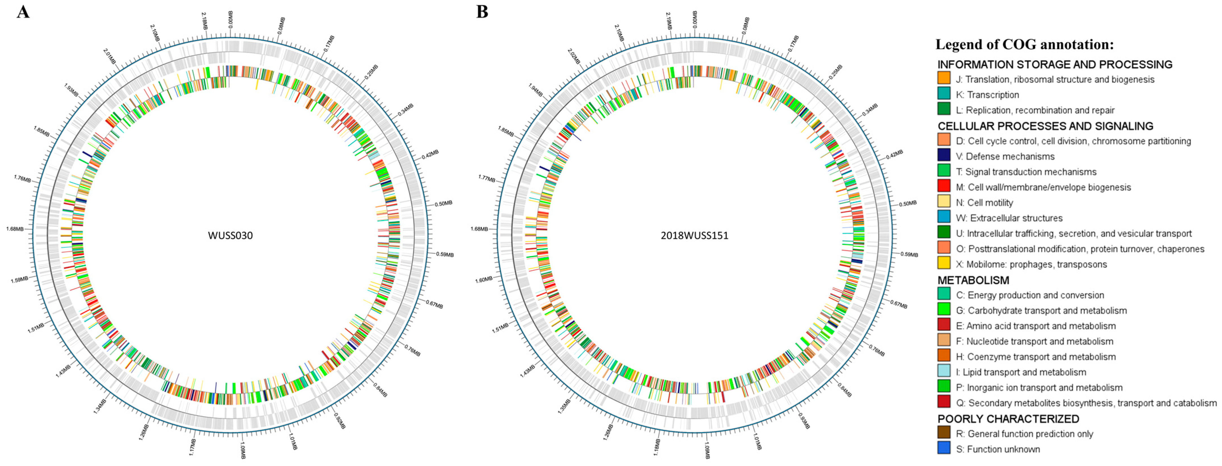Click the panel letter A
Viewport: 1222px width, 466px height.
click(x=23, y=11)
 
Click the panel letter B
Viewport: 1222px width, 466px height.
click(x=482, y=11)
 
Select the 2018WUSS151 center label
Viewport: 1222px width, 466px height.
click(x=694, y=235)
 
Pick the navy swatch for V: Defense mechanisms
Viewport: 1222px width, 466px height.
click(x=943, y=155)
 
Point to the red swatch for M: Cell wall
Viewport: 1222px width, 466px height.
click(x=943, y=186)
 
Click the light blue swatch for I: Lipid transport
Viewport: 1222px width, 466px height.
click(x=943, y=371)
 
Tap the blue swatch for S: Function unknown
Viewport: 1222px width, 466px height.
click(x=943, y=448)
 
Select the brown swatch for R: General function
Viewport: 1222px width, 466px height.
click(x=943, y=432)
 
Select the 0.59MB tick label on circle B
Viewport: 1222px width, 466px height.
click(x=909, y=255)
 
